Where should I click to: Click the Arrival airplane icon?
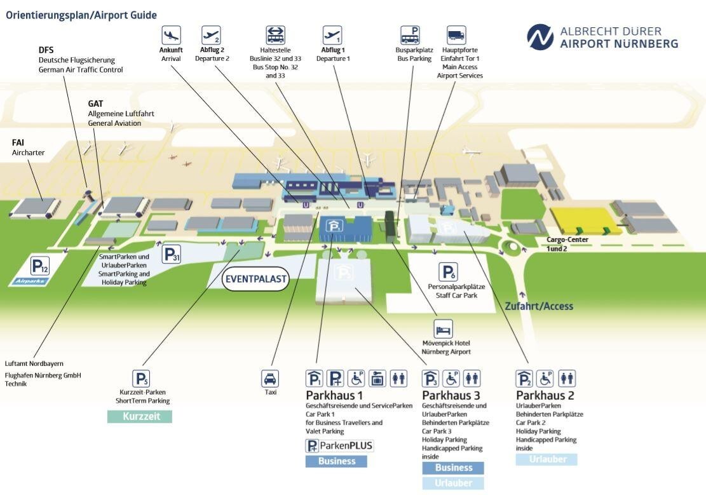pyautogui.click(x=172, y=34)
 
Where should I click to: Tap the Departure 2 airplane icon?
pyautogui.click(x=211, y=34)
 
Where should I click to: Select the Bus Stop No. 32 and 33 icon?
pyautogui.click(x=276, y=34)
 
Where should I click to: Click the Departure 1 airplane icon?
pyautogui.click(x=332, y=34)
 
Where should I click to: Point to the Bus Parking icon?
pyautogui.click(x=409, y=34)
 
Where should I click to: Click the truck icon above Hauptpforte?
pyautogui.click(x=456, y=34)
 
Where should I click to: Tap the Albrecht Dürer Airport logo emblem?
pyautogui.click(x=540, y=36)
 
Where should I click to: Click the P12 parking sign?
pyautogui.click(x=40, y=266)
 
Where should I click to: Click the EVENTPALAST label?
pyautogui.click(x=255, y=278)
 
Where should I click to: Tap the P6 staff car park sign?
pyautogui.click(x=448, y=272)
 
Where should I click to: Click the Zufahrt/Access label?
pyautogui.click(x=539, y=306)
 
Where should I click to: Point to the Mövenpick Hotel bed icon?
pyautogui.click(x=443, y=329)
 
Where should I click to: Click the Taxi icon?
pyautogui.click(x=271, y=378)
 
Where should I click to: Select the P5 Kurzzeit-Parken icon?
pyautogui.click(x=141, y=379)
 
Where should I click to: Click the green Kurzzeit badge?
pyautogui.click(x=139, y=416)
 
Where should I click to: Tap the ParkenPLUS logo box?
pyautogui.click(x=339, y=445)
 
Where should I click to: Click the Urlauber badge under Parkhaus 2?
pyautogui.click(x=546, y=459)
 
